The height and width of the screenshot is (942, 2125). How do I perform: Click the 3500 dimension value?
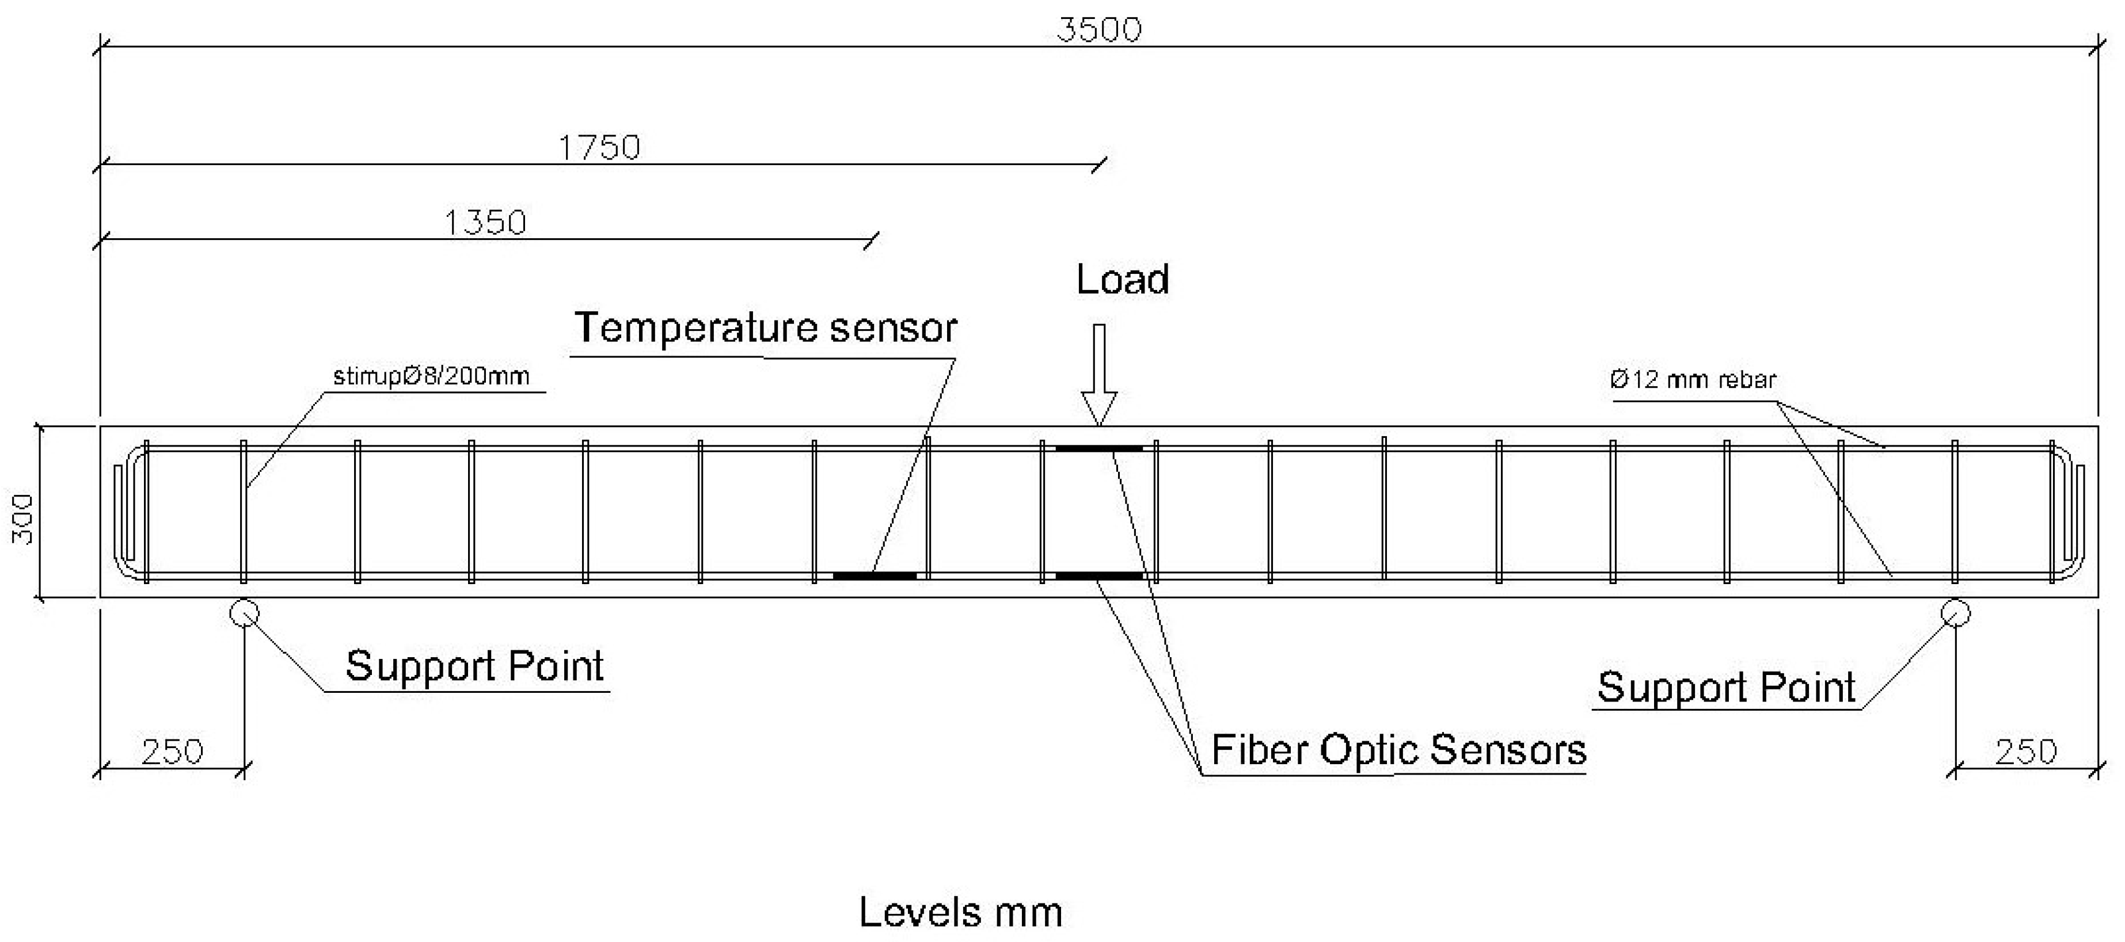coord(1099,30)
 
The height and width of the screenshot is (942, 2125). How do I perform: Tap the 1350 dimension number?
coord(485,223)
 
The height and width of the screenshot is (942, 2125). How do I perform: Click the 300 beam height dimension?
coord(23,519)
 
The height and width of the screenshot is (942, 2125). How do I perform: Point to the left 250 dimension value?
coord(172,752)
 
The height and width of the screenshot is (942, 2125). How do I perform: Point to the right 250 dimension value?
coord(2025,752)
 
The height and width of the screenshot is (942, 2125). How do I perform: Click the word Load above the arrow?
coord(1122,280)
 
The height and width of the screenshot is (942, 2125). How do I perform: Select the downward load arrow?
coord(1099,375)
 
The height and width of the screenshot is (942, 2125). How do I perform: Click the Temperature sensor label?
coord(765,329)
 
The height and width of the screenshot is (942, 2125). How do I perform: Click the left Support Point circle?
coord(244,613)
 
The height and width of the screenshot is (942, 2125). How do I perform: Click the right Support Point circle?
coord(1956,613)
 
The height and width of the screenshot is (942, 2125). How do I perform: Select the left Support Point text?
coord(474,666)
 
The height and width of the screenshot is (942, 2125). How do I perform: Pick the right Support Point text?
coord(1726,688)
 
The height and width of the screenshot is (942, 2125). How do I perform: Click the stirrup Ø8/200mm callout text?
coord(431,377)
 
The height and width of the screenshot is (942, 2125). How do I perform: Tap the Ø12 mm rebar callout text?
coord(1692,380)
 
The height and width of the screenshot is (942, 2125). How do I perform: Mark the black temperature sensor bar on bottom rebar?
coord(875,576)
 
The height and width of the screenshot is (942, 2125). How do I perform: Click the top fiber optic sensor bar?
coord(1099,449)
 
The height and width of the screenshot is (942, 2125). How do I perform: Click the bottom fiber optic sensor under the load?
coord(1099,576)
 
